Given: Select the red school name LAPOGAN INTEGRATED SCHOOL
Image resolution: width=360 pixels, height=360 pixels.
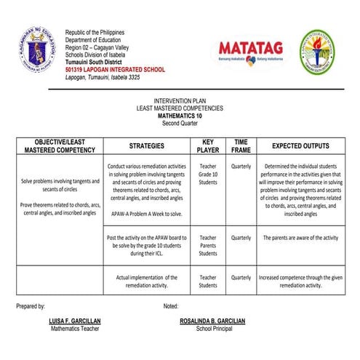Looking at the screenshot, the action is point(115,70).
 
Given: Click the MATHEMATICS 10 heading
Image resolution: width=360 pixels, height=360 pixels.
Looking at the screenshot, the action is point(180,115).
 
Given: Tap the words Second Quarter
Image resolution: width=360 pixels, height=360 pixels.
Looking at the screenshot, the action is point(180,122).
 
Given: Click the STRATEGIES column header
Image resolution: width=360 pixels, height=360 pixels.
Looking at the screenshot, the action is point(146,145).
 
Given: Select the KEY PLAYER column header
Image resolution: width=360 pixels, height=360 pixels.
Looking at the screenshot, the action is point(208,145).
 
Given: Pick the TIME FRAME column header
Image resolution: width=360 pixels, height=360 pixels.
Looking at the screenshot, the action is point(241,145).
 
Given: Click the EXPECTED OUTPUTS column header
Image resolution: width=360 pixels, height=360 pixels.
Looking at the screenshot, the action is point(300,145).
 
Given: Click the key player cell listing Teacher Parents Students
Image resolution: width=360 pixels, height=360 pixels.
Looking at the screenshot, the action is point(208,246).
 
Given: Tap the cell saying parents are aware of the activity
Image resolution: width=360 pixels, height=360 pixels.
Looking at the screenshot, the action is point(300,238).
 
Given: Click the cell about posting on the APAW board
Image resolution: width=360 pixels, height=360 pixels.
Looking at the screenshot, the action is point(146,246).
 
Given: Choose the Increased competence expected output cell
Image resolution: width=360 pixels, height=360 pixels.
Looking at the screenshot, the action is point(300,281).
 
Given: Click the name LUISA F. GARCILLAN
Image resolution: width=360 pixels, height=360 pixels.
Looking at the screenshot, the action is point(75,321).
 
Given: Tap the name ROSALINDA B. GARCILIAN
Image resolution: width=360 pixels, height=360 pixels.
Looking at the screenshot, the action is point(212,321).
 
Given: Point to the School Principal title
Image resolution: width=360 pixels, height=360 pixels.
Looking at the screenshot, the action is point(212,329).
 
